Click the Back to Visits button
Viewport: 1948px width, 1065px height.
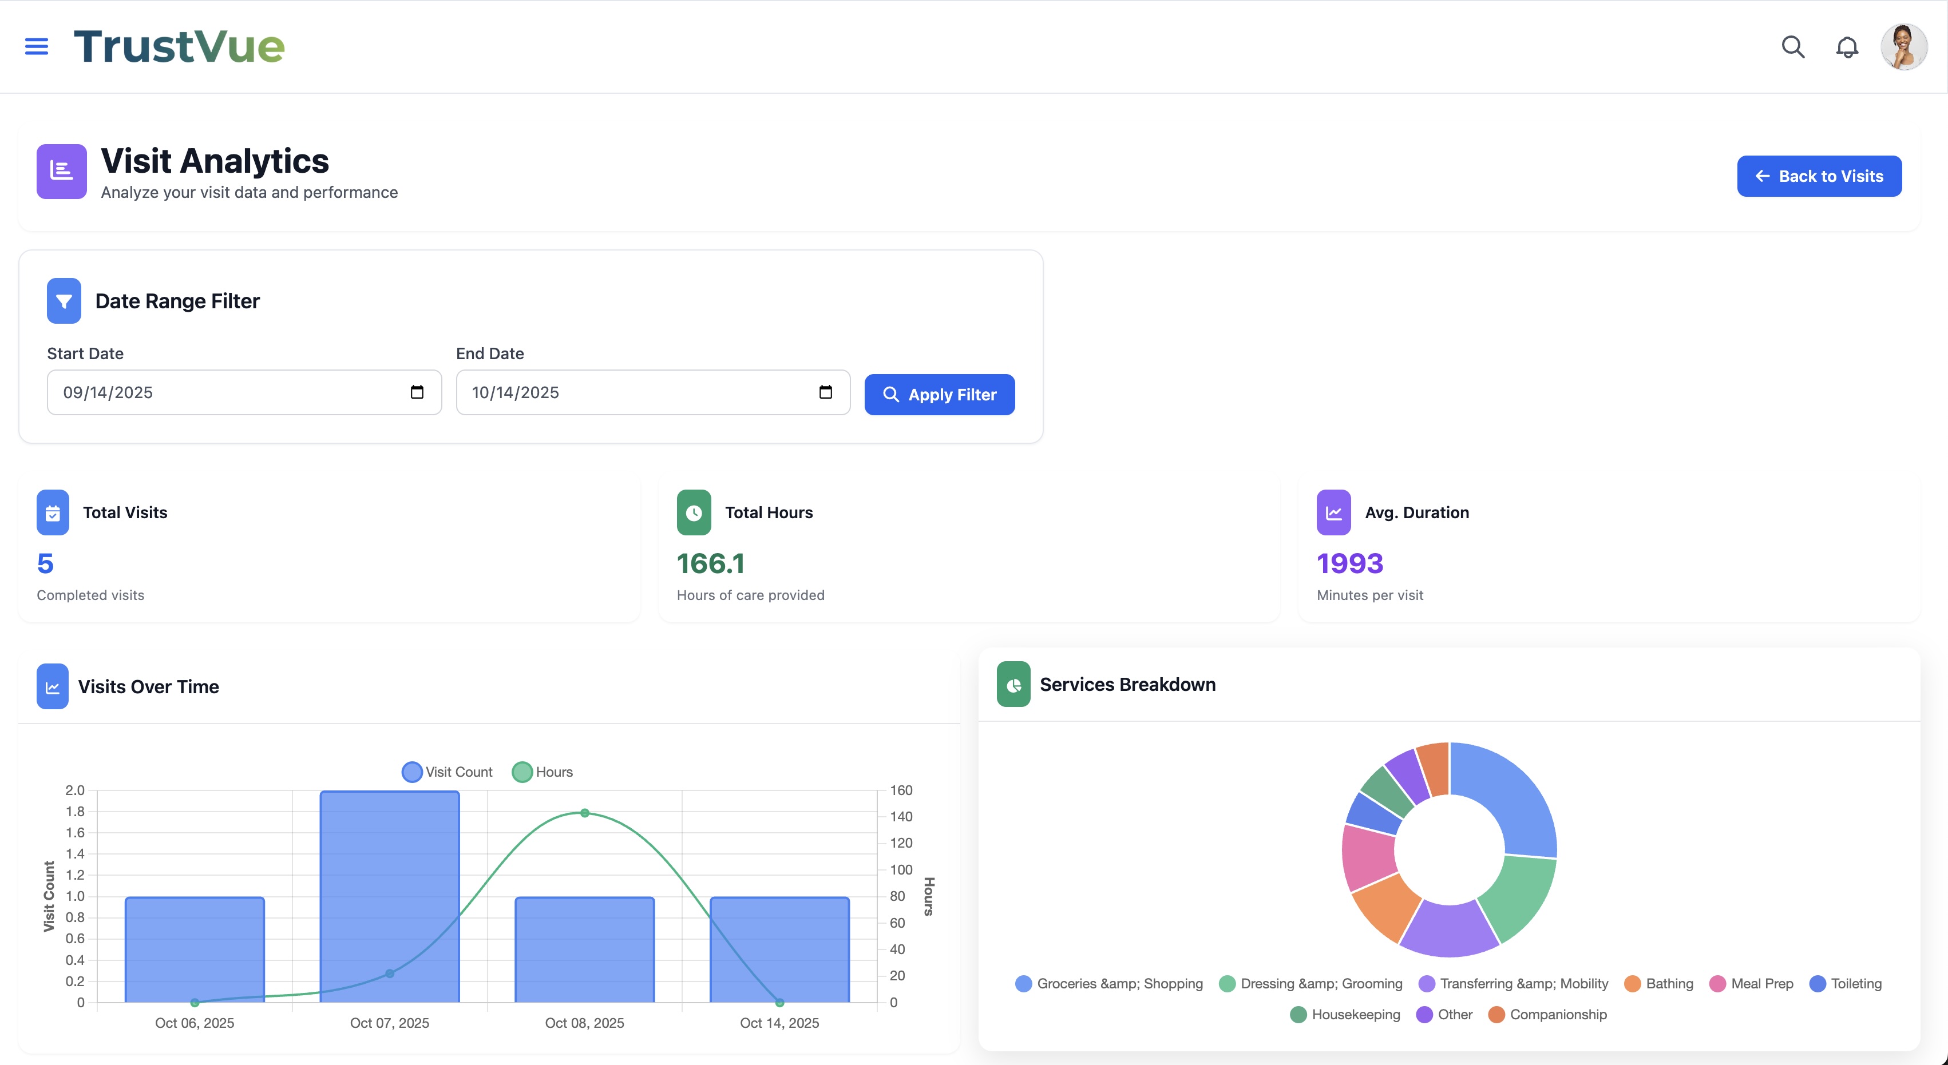click(x=1819, y=176)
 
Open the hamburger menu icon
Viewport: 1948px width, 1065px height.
click(x=36, y=47)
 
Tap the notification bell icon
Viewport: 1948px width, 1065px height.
click(x=1847, y=47)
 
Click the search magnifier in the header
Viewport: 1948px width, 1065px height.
click(x=1793, y=47)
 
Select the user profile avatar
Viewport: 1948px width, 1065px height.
click(x=1903, y=47)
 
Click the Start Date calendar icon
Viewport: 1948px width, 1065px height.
click(x=417, y=392)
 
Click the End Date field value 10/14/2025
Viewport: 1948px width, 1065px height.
click(x=515, y=393)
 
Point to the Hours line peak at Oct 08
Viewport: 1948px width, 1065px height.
click(x=584, y=813)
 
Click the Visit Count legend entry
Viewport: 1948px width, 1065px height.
click(x=447, y=772)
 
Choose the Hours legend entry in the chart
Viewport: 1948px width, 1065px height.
click(x=543, y=772)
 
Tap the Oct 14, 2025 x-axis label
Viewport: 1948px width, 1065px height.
click(x=779, y=1023)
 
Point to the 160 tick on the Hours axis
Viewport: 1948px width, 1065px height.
click(x=901, y=790)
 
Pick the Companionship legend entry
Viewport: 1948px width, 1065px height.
click(x=1548, y=1014)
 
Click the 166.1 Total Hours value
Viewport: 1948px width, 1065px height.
click(x=710, y=563)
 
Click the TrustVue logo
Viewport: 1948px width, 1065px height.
click(x=179, y=47)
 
